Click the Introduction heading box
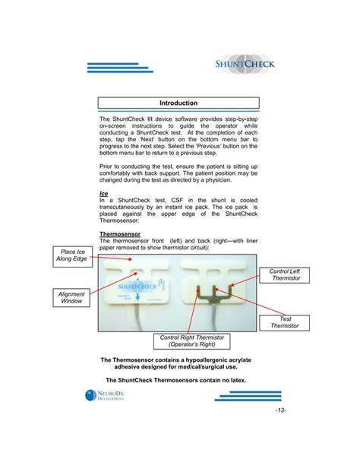pyautogui.click(x=179, y=103)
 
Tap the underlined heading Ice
pyautogui.click(x=104, y=194)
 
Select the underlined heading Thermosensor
pyautogui.click(x=122, y=235)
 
